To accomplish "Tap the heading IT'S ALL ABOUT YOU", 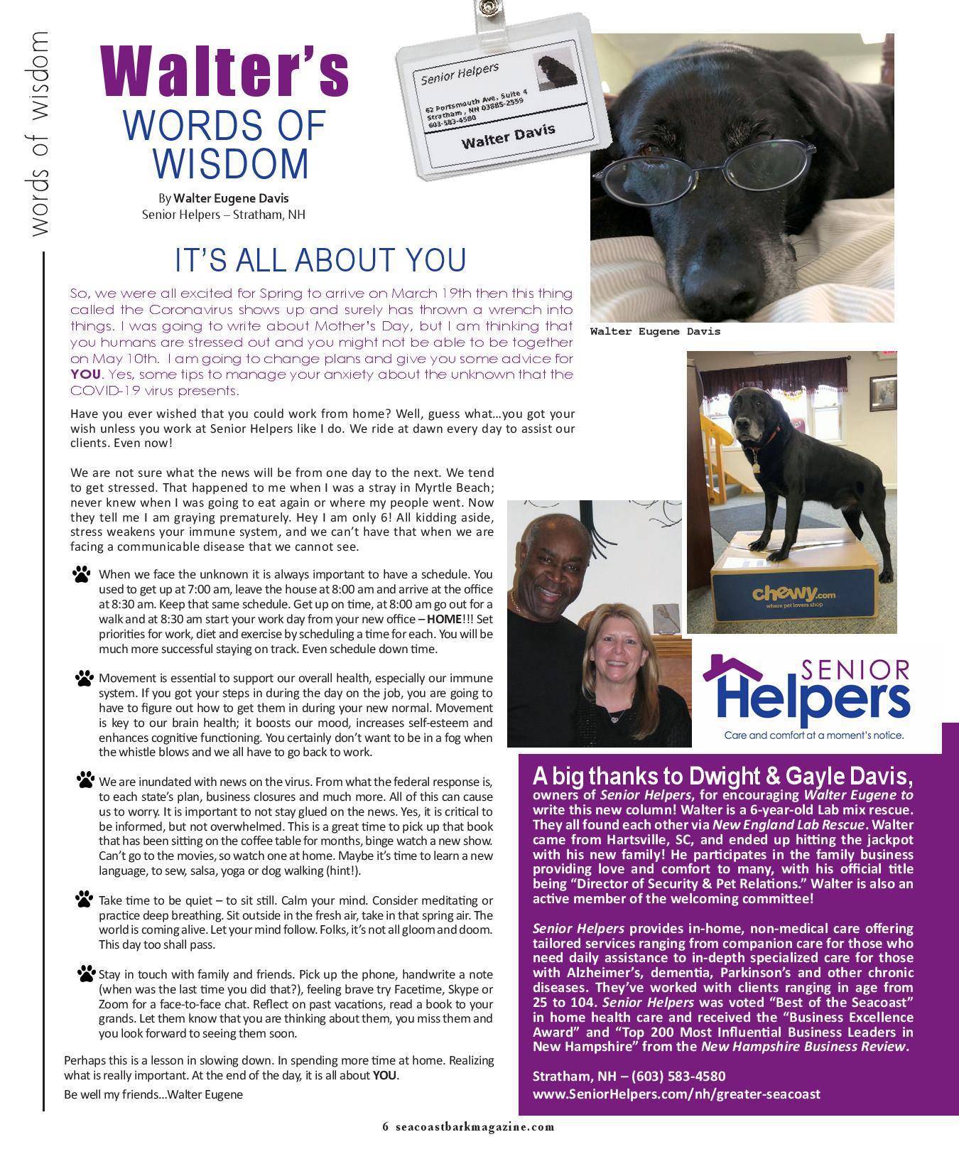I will [x=320, y=260].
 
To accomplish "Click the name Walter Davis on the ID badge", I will [x=508, y=136].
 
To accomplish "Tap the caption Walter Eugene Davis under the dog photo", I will [x=654, y=332].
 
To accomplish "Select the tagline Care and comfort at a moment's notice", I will [x=813, y=735].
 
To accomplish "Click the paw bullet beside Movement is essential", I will [x=85, y=679].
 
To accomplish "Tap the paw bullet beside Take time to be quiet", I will [x=85, y=900].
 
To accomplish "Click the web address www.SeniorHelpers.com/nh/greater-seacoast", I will [x=676, y=1094].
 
